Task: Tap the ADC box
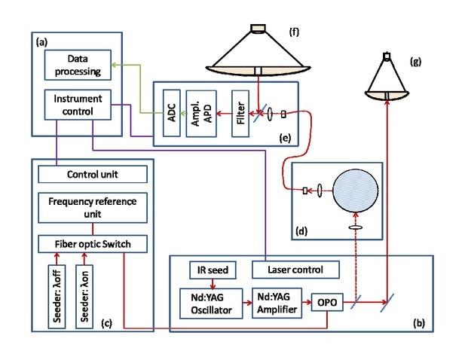tap(172, 114)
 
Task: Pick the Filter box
tap(240, 114)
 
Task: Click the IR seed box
tap(212, 268)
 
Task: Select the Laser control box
tap(296, 268)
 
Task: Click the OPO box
tap(328, 301)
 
